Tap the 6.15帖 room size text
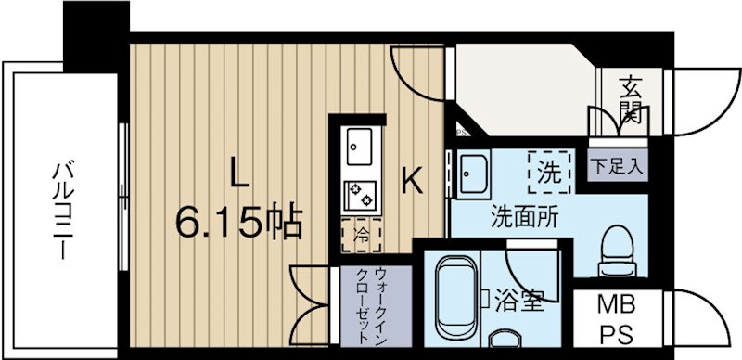[x=238, y=223]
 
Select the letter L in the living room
[x=238, y=174]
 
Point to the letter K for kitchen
[x=411, y=179]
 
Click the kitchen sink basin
[x=359, y=147]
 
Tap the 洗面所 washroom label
[x=524, y=219]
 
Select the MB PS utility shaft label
[x=609, y=317]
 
